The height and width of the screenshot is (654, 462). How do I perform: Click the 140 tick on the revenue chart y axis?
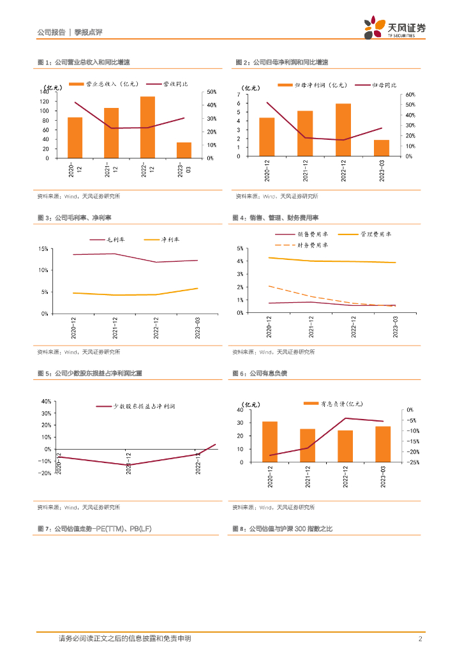pyautogui.click(x=45, y=92)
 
